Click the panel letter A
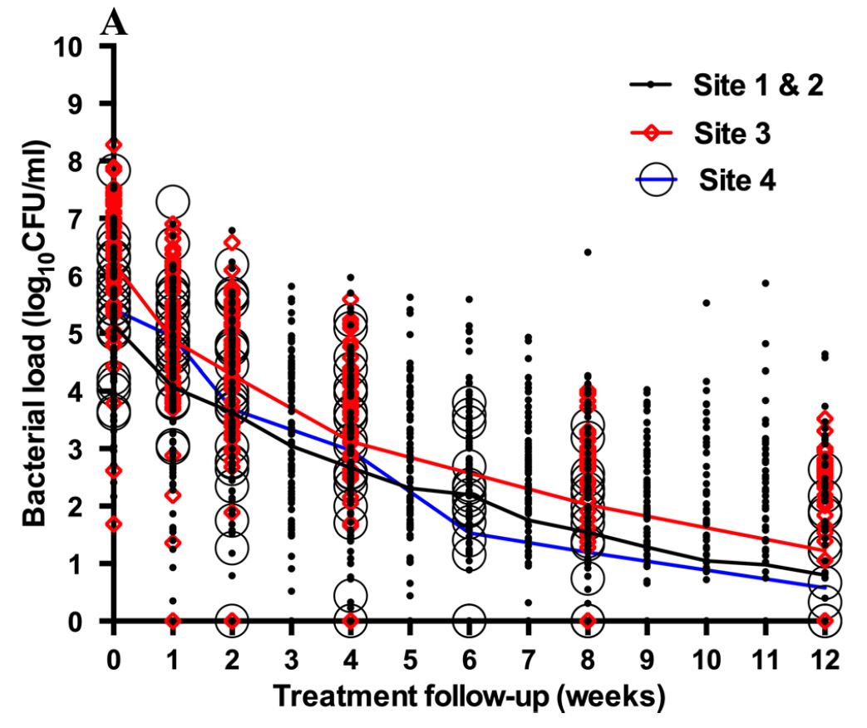click(x=114, y=22)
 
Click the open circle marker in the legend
click(x=657, y=180)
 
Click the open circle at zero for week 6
click(x=470, y=620)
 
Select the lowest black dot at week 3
click(x=292, y=591)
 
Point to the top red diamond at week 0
click(x=115, y=145)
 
